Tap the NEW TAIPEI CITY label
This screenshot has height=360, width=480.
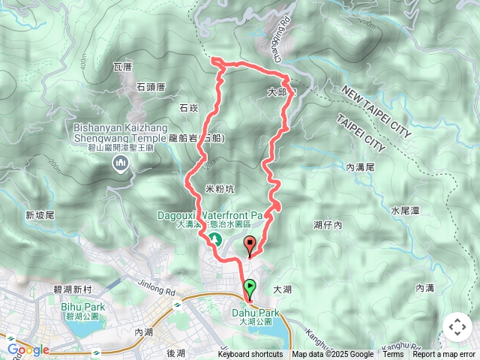376,110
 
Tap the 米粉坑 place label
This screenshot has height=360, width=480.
219,187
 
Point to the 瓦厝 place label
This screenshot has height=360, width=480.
122,67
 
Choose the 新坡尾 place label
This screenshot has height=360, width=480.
40,215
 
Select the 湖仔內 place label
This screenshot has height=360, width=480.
328,224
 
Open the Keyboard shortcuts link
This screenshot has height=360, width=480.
250,355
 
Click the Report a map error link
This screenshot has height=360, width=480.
445,355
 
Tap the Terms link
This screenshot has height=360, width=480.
393,355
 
